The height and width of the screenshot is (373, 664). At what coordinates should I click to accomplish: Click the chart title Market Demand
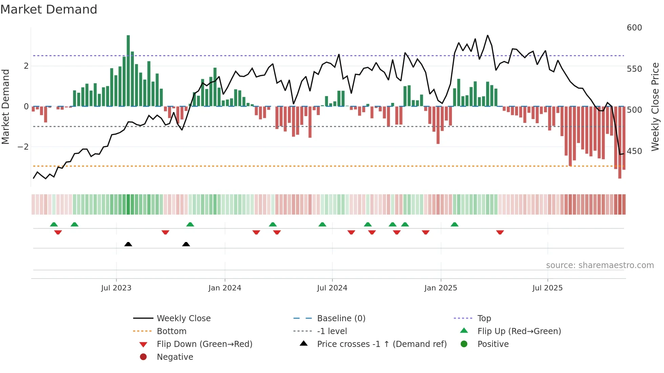point(49,9)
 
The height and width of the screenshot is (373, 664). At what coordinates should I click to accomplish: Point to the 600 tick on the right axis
point(634,28)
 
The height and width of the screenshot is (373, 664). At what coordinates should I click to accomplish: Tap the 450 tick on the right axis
point(634,151)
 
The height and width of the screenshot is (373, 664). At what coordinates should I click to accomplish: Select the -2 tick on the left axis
point(23,147)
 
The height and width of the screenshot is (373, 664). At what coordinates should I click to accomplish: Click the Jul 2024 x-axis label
point(332,288)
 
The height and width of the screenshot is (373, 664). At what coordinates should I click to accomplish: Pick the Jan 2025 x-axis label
point(440,288)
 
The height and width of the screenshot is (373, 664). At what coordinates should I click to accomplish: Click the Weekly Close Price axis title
point(655,107)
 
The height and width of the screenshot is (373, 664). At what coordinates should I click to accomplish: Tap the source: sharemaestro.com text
point(600,265)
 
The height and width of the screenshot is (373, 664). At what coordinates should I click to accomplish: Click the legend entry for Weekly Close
point(183,319)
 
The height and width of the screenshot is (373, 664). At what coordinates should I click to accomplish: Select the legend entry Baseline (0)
point(341,319)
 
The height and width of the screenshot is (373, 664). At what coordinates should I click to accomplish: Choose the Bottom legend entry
point(171,331)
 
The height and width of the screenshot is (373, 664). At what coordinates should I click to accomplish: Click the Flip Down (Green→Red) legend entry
point(204,344)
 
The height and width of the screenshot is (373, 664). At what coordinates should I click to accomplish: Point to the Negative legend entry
point(175,357)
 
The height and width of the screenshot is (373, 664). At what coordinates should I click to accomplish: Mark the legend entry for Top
point(484,319)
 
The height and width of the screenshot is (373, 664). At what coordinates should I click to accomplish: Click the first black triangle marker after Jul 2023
point(128,244)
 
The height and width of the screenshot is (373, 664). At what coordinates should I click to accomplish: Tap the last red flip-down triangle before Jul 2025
point(500,232)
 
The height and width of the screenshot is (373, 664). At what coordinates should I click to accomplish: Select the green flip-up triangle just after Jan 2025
point(455,224)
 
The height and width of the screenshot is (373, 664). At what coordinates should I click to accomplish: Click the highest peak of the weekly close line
point(487,35)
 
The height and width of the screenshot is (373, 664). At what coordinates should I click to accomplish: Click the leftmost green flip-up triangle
point(54,224)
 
